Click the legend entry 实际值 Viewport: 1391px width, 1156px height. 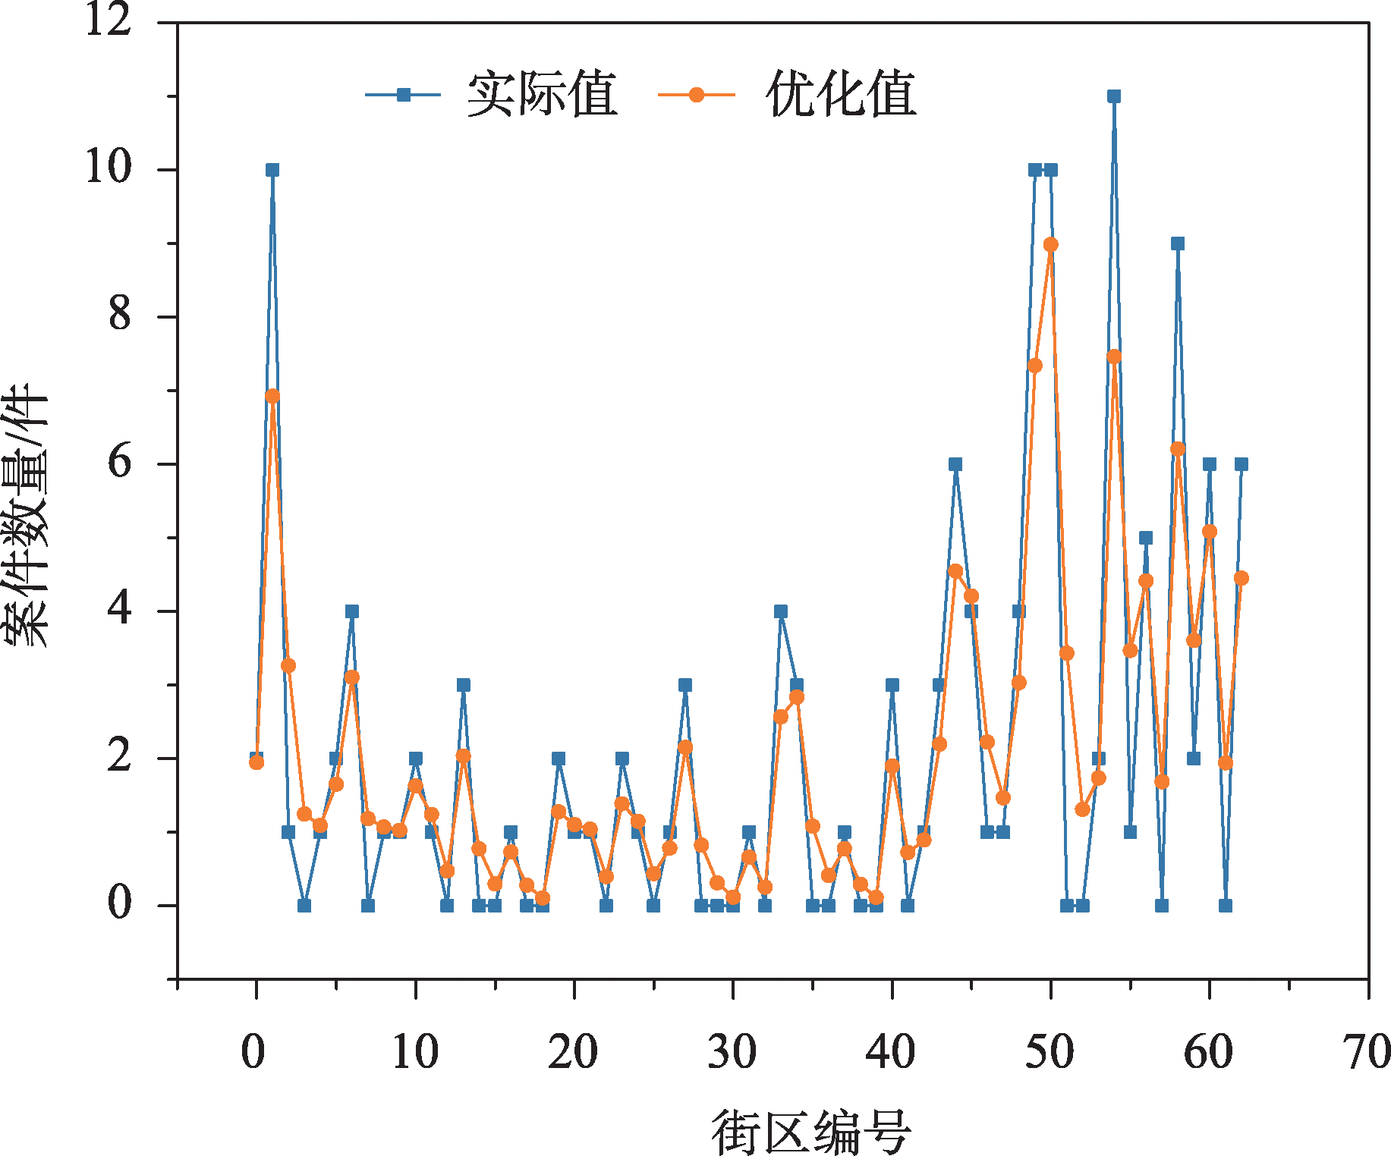click(x=542, y=95)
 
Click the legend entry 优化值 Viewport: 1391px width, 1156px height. click(x=841, y=95)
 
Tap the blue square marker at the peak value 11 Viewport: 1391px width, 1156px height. click(x=1113, y=96)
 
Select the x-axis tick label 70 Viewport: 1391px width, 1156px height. click(x=1367, y=1051)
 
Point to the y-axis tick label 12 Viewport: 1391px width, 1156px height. click(x=108, y=20)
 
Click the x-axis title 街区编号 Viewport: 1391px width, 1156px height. click(x=810, y=1131)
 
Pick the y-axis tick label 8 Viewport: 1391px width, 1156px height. click(x=119, y=315)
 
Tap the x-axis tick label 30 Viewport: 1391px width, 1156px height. click(x=732, y=1051)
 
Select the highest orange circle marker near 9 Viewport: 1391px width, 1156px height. click(x=1050, y=244)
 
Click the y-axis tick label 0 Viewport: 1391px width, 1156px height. click(x=119, y=903)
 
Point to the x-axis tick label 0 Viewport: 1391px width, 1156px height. click(x=254, y=1051)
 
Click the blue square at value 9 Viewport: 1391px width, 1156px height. click(x=1177, y=243)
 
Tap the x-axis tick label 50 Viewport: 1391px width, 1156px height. click(x=1050, y=1051)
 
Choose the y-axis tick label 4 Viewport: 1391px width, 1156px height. click(x=119, y=609)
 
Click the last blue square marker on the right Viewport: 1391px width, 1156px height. click(x=1241, y=464)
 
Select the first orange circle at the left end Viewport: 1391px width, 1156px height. click(x=256, y=762)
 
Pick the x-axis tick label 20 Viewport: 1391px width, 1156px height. click(x=573, y=1051)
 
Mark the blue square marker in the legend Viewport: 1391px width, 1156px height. click(x=404, y=95)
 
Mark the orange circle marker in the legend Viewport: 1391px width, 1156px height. click(x=696, y=95)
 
